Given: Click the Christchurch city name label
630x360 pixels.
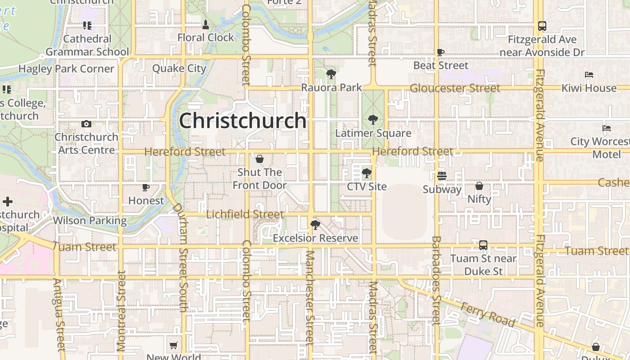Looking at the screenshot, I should tap(243, 121).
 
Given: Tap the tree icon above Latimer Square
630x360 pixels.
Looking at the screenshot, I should tap(373, 120).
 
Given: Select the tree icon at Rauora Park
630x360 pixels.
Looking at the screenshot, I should tap(331, 74).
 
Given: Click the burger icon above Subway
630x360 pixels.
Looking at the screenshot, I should tap(442, 176).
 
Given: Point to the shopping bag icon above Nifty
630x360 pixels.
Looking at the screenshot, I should tap(479, 185).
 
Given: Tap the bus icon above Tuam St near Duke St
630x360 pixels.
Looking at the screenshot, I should tap(483, 245).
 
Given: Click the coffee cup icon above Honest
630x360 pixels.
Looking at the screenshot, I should tap(145, 187).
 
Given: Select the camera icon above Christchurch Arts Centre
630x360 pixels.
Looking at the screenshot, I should tap(86, 124).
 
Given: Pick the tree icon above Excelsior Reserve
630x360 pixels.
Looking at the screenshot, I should tap(315, 225).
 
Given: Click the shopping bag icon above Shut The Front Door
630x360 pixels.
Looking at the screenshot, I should tap(260, 159).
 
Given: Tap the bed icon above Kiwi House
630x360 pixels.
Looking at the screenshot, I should tap(589, 75).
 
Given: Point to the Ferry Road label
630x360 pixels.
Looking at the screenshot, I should tap(488, 314).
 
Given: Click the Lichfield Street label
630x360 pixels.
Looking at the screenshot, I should tap(245, 214).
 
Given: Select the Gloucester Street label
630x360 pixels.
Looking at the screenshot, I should tap(454, 88).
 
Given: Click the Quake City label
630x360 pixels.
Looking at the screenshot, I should tap(179, 68).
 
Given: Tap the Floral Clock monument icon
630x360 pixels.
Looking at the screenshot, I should tap(206, 24).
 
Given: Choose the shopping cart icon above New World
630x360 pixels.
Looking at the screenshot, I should tap(173, 346).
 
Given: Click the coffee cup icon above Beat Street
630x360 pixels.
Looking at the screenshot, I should tap(441, 52).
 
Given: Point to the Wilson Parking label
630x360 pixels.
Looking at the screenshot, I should tap(90, 220).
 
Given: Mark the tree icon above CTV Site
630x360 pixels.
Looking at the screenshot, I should tap(366, 173).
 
